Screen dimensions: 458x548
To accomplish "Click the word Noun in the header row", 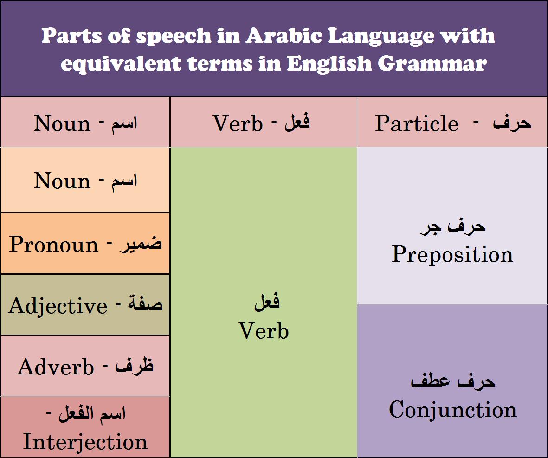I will (62, 123).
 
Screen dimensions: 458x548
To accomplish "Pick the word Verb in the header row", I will (238, 123).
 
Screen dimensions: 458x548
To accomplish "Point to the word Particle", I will (417, 123).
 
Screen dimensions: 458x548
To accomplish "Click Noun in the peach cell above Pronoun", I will (62, 181).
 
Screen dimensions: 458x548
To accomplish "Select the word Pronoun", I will (54, 245).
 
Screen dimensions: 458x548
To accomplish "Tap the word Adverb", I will (56, 367).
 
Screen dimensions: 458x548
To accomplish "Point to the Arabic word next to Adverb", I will (135, 366).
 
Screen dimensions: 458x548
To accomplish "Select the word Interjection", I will (85, 442).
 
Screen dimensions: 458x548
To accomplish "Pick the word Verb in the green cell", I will (264, 331).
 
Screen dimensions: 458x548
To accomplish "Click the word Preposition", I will (452, 254).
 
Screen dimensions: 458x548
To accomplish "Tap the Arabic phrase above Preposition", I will (452, 227).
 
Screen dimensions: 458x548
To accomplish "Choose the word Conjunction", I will (452, 410).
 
